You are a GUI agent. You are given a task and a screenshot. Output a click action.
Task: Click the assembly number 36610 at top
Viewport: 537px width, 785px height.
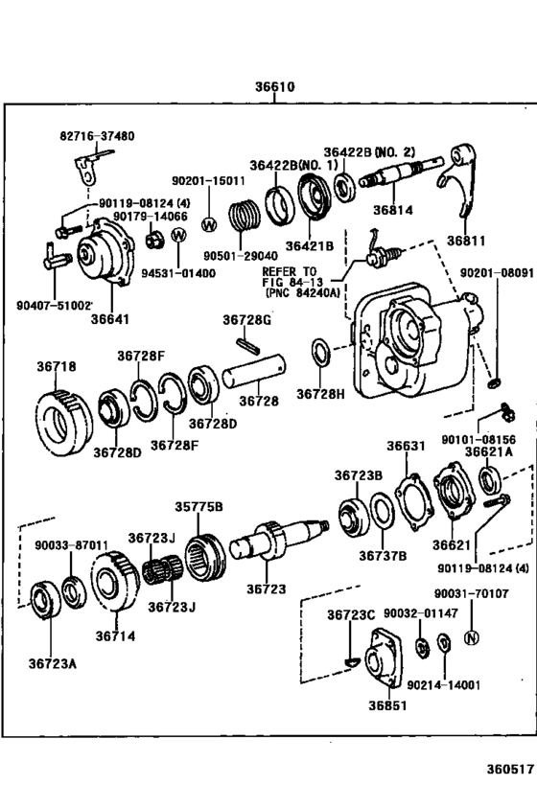pyautogui.click(x=274, y=87)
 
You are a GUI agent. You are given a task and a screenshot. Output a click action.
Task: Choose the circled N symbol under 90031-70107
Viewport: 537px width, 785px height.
pyautogui.click(x=471, y=638)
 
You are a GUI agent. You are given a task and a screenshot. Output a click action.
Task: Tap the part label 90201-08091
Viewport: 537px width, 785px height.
pyautogui.click(x=502, y=273)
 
